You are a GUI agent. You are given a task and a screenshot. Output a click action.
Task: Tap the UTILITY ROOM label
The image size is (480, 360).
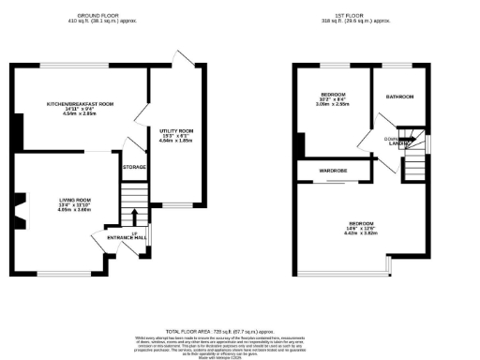point(173,131)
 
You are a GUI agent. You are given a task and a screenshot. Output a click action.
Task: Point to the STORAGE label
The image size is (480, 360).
point(134,166)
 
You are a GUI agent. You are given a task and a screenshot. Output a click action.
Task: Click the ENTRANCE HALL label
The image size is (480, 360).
point(125,239)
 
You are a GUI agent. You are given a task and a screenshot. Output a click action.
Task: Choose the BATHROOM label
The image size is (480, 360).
point(400,97)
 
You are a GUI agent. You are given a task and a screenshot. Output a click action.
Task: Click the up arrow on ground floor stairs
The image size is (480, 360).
point(134,217)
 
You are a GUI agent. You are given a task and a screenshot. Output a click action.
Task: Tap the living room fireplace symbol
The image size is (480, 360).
point(20,208)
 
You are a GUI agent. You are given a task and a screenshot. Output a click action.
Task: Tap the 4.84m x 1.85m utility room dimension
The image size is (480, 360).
point(173,142)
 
